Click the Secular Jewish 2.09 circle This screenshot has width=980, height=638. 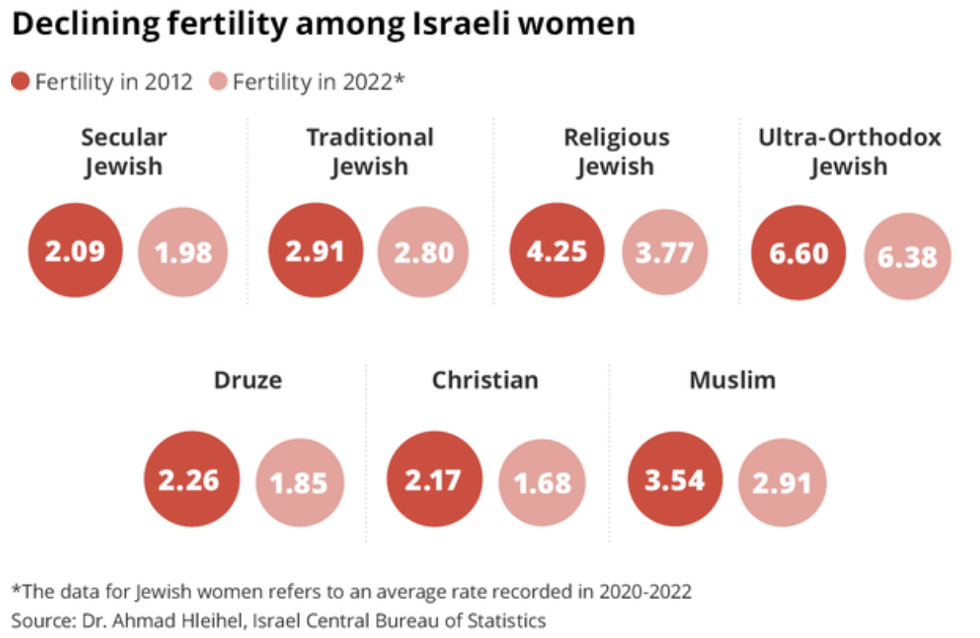pyautogui.click(x=76, y=251)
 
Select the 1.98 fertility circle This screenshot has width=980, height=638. pyautogui.click(x=184, y=252)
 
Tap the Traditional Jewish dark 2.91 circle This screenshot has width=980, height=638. pyautogui.click(x=316, y=251)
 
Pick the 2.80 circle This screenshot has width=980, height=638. pyautogui.click(x=424, y=252)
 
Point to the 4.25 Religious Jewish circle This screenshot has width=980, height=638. pyautogui.click(x=557, y=251)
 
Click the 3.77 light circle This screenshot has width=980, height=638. pyautogui.click(x=664, y=252)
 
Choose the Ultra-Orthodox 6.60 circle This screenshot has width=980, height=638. pyautogui.click(x=799, y=252)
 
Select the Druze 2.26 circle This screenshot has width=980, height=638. pyautogui.click(x=192, y=480)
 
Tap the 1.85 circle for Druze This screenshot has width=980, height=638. pyautogui.click(x=299, y=483)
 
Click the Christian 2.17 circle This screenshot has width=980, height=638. pyautogui.click(x=434, y=480)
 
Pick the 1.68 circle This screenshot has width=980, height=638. pyautogui.click(x=542, y=483)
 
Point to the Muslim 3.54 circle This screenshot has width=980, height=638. pyautogui.click(x=675, y=480)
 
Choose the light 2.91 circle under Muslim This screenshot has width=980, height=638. pyautogui.click(x=782, y=483)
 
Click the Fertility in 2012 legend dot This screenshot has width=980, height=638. pyautogui.click(x=21, y=82)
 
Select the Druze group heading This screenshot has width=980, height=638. pyautogui.click(x=247, y=380)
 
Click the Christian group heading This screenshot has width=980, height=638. pyautogui.click(x=484, y=380)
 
